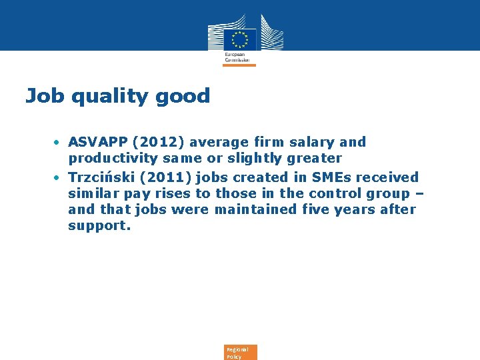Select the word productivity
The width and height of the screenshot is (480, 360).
(110, 159)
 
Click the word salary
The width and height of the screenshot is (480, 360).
(313, 142)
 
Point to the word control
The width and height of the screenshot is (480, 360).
(333, 193)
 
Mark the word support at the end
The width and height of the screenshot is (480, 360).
(99, 226)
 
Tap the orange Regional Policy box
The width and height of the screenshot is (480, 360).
(241, 353)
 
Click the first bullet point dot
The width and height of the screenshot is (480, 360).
(59, 143)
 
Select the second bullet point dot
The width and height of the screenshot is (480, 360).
(59, 178)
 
